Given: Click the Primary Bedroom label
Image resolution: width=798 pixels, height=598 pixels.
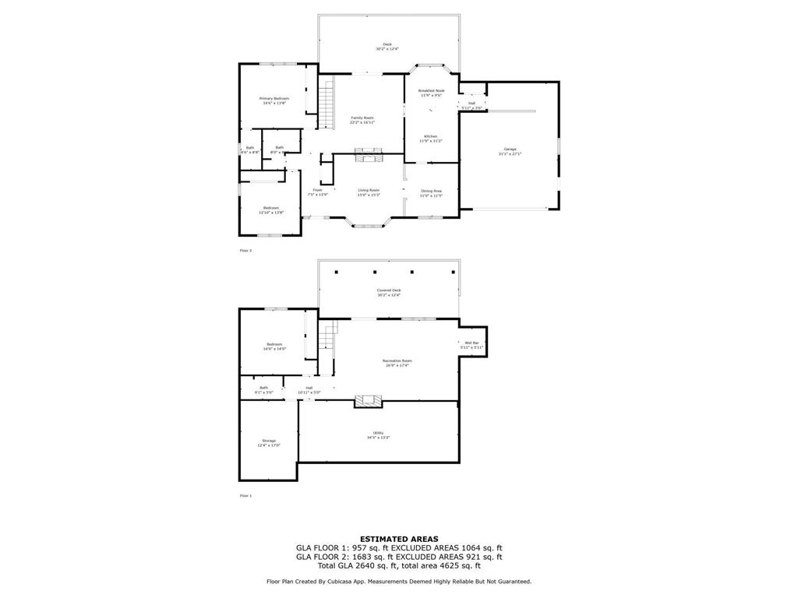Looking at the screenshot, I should (274, 99).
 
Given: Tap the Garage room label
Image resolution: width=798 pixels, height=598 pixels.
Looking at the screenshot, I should (510, 149).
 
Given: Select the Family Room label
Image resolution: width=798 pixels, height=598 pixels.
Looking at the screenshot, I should (362, 118).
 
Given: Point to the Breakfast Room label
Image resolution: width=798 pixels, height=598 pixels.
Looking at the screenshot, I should (431, 91).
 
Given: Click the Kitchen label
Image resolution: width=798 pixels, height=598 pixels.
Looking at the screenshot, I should (431, 137).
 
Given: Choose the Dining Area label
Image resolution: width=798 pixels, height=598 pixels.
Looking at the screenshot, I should (431, 192).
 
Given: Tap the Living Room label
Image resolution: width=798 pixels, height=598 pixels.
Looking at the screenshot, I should (369, 191).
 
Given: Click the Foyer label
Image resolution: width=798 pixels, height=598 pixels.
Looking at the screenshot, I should (318, 191).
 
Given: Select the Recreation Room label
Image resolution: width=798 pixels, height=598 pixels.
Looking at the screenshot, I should (397, 361).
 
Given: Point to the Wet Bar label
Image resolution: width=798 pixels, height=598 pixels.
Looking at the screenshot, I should (471, 343).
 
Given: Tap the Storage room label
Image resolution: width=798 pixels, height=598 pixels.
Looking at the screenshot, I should (269, 441).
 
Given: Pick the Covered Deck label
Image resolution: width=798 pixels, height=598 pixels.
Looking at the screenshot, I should (388, 290).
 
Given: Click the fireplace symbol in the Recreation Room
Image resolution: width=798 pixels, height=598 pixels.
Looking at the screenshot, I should (369, 402).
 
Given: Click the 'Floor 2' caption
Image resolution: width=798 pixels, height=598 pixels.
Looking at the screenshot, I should (245, 251).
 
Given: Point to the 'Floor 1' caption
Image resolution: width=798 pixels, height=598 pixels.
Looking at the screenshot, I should (245, 496).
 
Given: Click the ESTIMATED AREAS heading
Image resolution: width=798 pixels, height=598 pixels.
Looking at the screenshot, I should (398, 539).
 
